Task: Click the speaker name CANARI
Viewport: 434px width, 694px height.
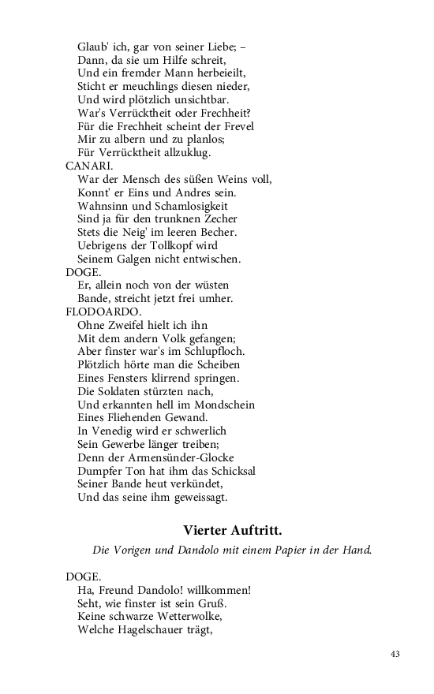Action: click(x=88, y=166)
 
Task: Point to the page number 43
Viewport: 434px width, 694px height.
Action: click(x=395, y=654)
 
